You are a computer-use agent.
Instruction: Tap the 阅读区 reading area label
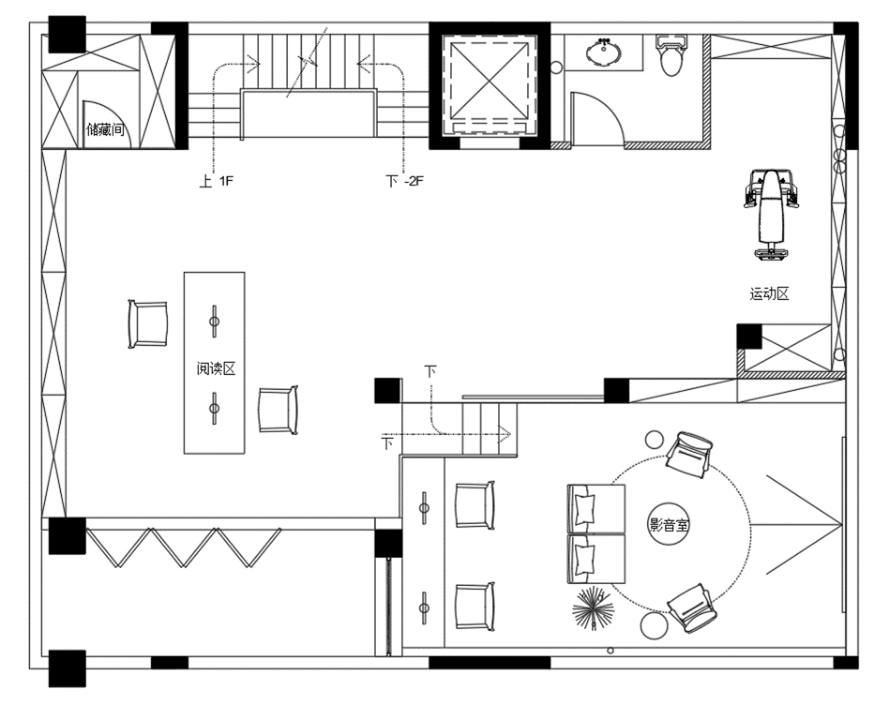point(216,368)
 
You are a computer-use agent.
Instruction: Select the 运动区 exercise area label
point(769,294)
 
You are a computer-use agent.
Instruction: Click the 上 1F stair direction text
point(217,181)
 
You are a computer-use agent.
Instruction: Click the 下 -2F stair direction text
point(405,181)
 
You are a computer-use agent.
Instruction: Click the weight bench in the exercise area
point(771,215)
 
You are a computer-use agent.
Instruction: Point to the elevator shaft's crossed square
point(489,81)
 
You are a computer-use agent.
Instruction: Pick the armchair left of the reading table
point(148,324)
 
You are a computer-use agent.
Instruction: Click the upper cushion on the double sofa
point(585,510)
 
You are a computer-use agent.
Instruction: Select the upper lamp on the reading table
point(214,321)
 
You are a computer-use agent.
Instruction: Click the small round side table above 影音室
point(654,440)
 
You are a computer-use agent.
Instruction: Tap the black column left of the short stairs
point(387,390)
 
